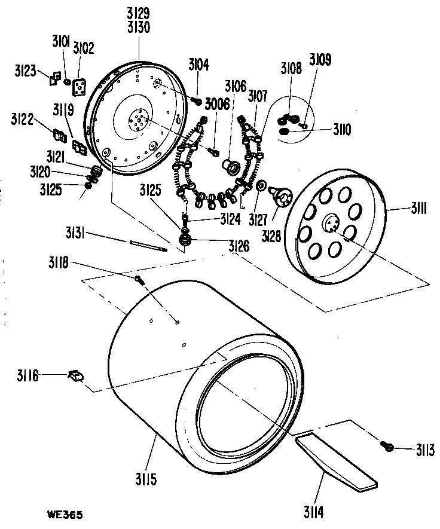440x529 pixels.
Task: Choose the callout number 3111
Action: [x=422, y=209]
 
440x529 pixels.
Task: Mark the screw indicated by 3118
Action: [x=138, y=279]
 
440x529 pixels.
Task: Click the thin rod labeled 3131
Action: [x=147, y=245]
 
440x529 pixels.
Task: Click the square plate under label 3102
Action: [x=78, y=88]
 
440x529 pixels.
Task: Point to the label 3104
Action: [x=198, y=65]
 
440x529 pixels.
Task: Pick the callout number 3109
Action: [x=320, y=60]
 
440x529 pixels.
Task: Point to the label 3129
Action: [x=138, y=12]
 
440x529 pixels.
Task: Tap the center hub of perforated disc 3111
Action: [x=332, y=224]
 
